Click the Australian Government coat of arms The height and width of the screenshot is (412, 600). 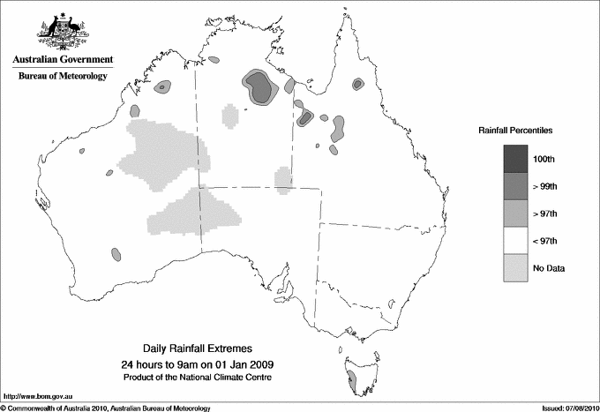[x=62, y=32]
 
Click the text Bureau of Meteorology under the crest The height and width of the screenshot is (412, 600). [x=62, y=77]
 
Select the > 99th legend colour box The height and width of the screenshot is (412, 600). [x=516, y=185]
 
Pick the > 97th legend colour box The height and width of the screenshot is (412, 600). [x=516, y=213]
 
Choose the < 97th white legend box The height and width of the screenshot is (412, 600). [x=516, y=240]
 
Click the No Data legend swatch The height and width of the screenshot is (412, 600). [x=516, y=267]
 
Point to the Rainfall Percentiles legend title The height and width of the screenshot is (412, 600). [x=515, y=130]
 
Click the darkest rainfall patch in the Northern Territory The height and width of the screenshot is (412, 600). [x=259, y=86]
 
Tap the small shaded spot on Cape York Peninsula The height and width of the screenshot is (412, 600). [x=357, y=84]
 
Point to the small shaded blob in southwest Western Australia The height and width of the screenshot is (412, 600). [x=116, y=255]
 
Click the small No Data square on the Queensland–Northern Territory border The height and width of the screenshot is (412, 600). [x=282, y=180]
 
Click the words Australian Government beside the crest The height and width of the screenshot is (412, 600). [x=62, y=60]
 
